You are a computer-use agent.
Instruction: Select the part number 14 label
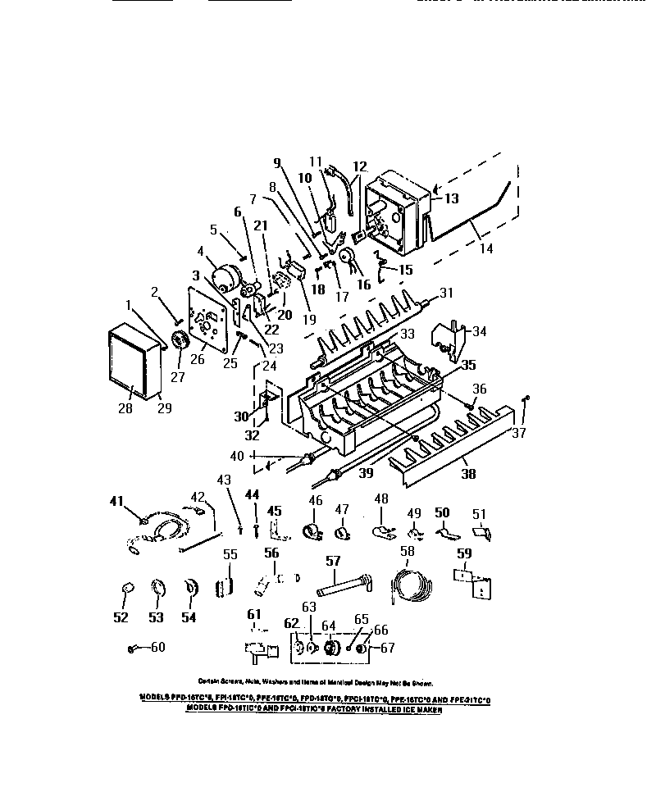486,248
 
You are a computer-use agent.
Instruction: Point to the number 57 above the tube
333,562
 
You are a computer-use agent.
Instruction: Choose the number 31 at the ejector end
446,294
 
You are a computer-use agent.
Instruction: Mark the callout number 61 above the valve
254,616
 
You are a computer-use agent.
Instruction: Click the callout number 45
274,511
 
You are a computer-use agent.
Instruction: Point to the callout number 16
363,284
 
